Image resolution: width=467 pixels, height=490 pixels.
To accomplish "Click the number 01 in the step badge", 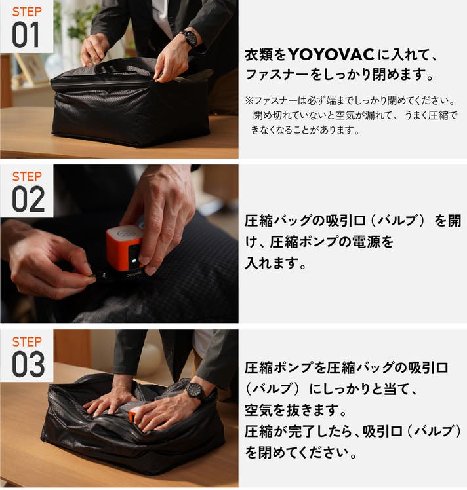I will [x=26, y=35].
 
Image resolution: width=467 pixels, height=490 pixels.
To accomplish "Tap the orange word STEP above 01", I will [x=27, y=12].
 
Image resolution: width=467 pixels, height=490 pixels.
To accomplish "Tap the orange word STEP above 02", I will [x=27, y=176].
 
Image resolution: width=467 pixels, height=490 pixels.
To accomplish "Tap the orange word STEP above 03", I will [x=27, y=341].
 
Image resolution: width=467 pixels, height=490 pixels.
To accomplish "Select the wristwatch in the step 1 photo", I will [x=189, y=39].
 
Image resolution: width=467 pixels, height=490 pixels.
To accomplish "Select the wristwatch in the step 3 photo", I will [x=195, y=392].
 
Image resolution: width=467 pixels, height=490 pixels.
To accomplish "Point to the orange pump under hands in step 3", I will [x=133, y=415].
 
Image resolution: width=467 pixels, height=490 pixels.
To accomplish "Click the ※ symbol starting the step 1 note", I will [x=249, y=101].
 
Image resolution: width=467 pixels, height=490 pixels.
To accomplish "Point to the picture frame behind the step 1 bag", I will [x=30, y=69].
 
